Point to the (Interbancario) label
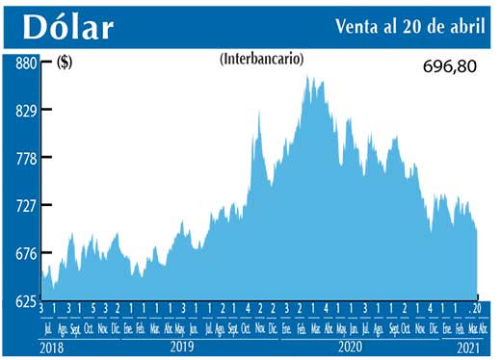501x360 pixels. (261, 59)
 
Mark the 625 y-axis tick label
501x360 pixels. (24, 300)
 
